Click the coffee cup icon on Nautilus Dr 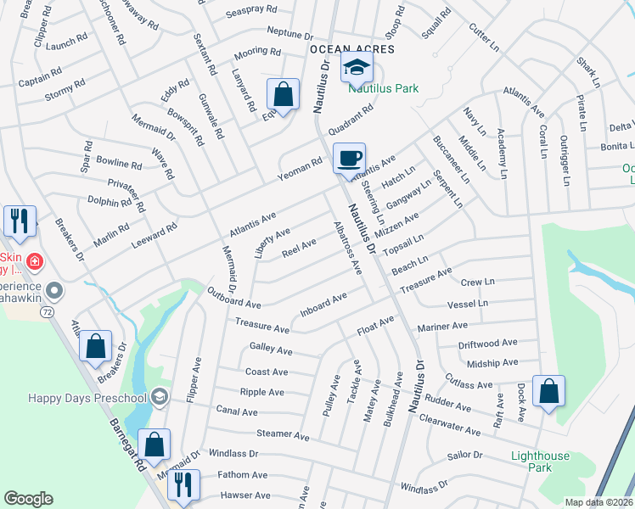pyautogui.click(x=349, y=158)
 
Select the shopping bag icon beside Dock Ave pyautogui.click(x=549, y=391)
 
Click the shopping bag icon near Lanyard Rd pyautogui.click(x=283, y=94)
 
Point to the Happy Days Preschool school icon pyautogui.click(x=159, y=397)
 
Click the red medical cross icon pyautogui.click(x=34, y=261)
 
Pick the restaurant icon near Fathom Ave pyautogui.click(x=183, y=485)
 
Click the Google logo pyautogui.click(x=28, y=499)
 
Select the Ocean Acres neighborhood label pyautogui.click(x=351, y=49)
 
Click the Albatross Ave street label pyautogui.click(x=348, y=243)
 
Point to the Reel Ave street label pyautogui.click(x=299, y=247)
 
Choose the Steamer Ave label pyautogui.click(x=283, y=434)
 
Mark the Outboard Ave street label pyautogui.click(x=233, y=297)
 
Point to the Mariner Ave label pyautogui.click(x=441, y=326)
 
